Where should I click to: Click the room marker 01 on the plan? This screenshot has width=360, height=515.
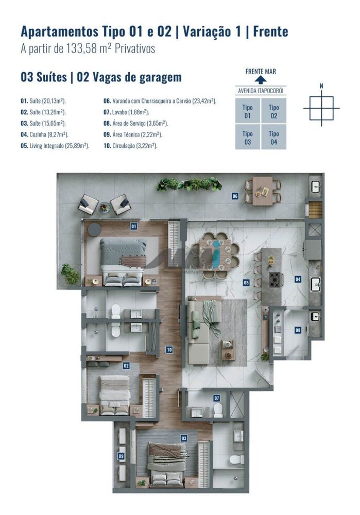[133, 226]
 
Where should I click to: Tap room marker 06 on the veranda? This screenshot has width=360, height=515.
[235, 196]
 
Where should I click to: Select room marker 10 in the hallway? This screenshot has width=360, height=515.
[169, 350]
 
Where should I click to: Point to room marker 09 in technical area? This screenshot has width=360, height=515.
[121, 456]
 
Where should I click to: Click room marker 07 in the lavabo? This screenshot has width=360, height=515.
[217, 398]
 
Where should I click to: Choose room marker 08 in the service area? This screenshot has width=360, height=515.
[298, 330]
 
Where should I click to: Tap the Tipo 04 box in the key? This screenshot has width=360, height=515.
[273, 138]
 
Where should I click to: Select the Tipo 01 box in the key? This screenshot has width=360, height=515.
[248, 112]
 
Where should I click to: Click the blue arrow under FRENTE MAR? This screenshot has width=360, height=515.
[261, 80]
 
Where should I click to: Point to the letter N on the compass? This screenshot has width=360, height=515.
[321, 86]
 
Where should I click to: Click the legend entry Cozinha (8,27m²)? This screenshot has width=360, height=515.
[44, 134]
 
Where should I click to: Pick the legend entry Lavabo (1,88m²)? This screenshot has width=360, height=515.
[126, 112]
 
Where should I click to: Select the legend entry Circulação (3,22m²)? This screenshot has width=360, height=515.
[130, 146]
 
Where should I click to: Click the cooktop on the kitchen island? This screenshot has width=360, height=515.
[275, 280]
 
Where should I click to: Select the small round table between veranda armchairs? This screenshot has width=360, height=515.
[105, 207]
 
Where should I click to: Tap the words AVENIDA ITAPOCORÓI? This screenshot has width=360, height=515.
[261, 91]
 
